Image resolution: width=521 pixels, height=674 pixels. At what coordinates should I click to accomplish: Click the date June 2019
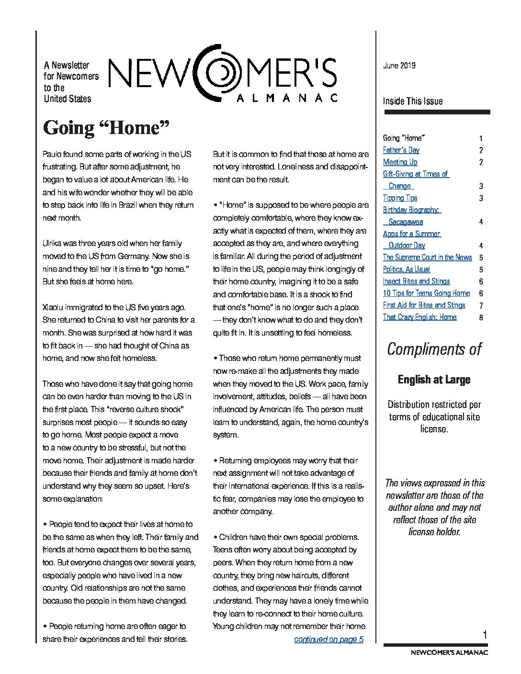399,66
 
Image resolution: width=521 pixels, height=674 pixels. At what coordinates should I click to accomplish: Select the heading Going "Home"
107,128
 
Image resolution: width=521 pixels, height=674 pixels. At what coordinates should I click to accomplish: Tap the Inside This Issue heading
412,101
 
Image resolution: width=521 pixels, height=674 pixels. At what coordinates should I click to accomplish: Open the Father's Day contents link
401,150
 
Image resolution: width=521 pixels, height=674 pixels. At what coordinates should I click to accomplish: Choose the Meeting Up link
400,162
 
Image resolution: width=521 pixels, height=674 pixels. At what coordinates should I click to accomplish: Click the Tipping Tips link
400,198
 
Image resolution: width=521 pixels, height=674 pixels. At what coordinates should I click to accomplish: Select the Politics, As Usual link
407,269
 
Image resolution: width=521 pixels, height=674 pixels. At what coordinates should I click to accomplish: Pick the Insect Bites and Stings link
416,281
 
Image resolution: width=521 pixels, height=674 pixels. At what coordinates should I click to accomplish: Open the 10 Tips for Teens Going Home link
426,293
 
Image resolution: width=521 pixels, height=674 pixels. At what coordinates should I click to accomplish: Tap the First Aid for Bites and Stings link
424,305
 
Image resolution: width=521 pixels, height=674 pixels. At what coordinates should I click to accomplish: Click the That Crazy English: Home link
419,317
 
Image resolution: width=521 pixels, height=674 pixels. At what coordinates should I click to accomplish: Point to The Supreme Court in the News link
427,257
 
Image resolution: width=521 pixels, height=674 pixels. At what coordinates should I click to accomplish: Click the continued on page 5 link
328,639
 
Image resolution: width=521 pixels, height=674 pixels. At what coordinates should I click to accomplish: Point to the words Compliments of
434,349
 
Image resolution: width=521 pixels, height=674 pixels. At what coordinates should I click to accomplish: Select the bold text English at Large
434,380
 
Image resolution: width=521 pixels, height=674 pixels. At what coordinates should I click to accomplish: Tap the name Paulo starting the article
52,154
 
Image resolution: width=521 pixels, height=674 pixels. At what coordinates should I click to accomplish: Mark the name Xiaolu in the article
54,307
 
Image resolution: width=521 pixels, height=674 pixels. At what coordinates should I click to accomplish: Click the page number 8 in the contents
481,317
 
